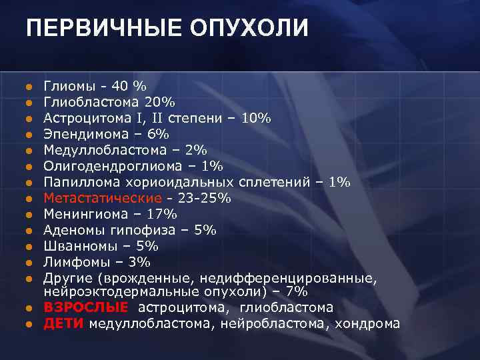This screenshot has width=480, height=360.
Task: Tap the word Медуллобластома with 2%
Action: coord(99,150)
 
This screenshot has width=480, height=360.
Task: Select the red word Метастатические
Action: coord(103,198)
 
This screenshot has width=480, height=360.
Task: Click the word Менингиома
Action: coord(83,214)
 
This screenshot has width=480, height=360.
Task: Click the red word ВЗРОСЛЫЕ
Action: coord(85,308)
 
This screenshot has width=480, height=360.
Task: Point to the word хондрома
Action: coord(367,324)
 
